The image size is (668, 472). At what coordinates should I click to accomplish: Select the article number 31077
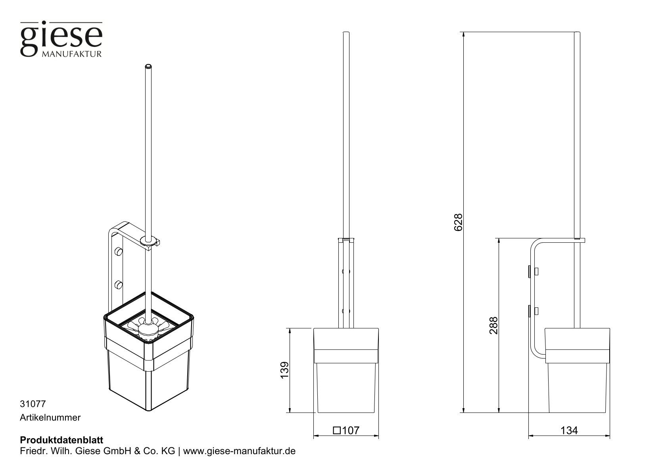point(33,404)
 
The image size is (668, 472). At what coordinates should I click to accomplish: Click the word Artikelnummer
point(50,418)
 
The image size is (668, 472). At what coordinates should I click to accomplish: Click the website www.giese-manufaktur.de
point(240,451)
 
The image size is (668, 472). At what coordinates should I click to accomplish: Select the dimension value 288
point(493,325)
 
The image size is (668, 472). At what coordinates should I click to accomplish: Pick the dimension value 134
point(569,430)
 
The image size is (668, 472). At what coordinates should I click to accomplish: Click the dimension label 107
point(351,430)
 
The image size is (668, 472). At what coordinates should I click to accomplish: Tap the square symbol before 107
point(337,430)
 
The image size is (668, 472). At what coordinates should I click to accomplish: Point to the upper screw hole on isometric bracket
point(118,251)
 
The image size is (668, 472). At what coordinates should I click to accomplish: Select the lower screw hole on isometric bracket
point(118,284)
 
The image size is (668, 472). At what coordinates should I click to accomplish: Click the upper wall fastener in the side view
point(532,272)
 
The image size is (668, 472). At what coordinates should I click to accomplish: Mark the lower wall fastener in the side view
point(532,310)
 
